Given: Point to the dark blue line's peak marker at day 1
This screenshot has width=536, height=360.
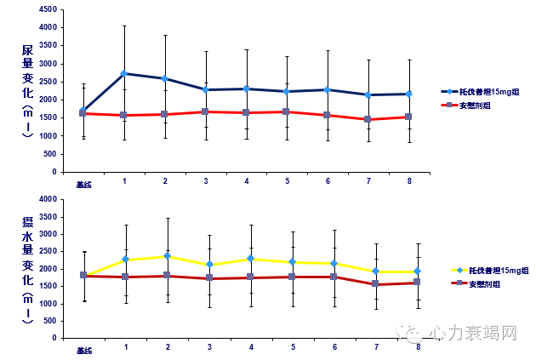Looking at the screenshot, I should pyautogui.click(x=124, y=73).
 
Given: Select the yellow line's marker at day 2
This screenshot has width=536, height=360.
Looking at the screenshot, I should pyautogui.click(x=167, y=255).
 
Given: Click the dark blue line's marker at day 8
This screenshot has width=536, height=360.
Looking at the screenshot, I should pyautogui.click(x=409, y=94).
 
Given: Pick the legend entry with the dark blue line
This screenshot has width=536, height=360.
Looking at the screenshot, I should pyautogui.click(x=481, y=90).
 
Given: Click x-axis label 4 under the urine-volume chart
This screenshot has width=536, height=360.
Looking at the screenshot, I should pyautogui.click(x=247, y=182).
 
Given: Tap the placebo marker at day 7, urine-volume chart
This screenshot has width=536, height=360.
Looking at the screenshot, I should pyautogui.click(x=368, y=119).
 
